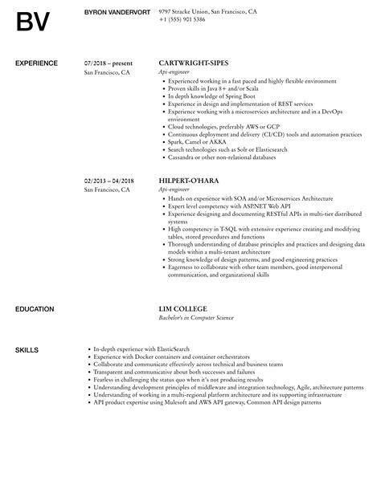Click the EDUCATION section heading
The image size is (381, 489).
point(35,286)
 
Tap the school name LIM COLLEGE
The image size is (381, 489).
point(183,286)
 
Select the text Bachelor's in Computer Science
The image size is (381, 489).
point(196,295)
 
